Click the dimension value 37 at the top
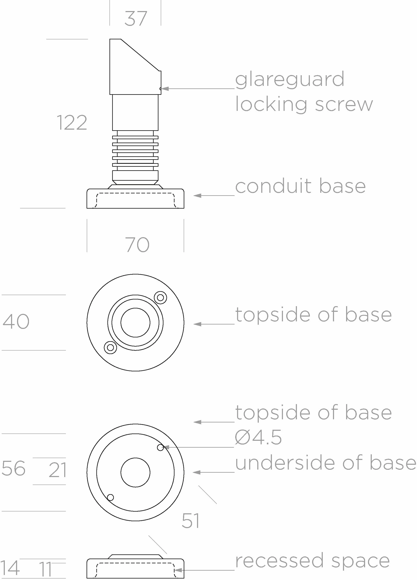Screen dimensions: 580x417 136,18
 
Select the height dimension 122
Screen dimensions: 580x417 72,123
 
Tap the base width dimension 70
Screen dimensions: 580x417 137,245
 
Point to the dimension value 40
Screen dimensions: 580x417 16,321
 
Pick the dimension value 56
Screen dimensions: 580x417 14,468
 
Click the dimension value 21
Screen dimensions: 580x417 58,470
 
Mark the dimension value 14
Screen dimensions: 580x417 10,568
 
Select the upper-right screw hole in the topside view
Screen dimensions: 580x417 160,297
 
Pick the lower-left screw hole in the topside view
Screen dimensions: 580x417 111,347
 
